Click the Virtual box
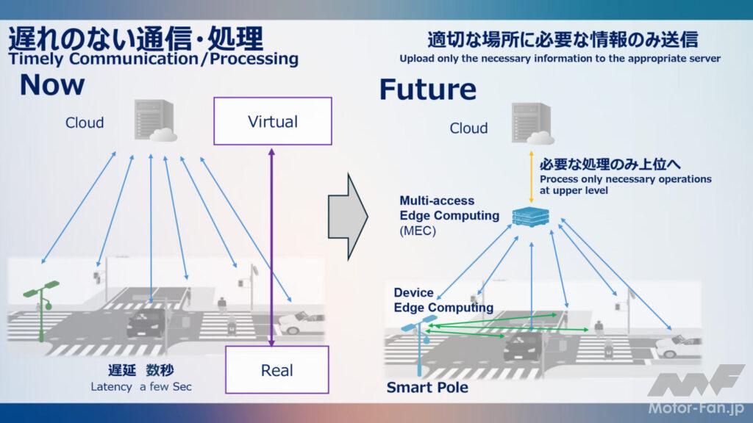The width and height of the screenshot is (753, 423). pos(273,122)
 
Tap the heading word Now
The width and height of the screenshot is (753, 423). pos(52,85)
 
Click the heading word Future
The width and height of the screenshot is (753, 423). pos(427,90)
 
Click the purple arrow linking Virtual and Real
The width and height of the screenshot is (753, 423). pos(272,246)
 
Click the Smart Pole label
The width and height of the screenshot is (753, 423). pos(427,387)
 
